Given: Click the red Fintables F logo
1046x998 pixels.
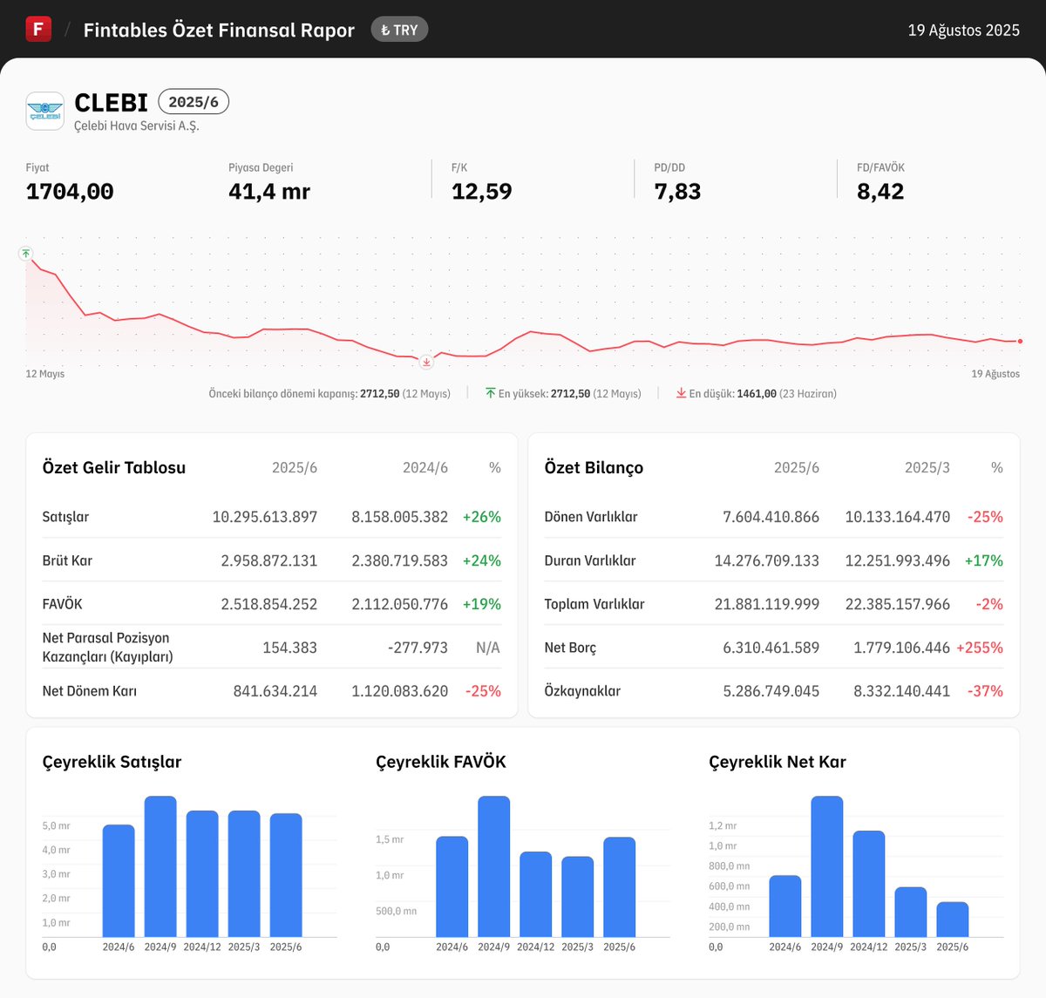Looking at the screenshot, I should pos(38,29).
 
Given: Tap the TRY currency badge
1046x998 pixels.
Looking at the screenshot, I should pos(399,30).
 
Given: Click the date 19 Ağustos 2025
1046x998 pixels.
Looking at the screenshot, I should pos(963,30).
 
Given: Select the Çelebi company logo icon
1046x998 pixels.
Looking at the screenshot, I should pos(44,112).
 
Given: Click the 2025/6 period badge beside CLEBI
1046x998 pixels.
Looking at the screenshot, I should pos(194,102).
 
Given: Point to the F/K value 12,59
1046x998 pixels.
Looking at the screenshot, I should pos(481,192).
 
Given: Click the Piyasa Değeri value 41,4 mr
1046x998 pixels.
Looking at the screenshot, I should pos(269,192).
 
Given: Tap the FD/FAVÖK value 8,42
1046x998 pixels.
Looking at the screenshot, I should pos(880,192).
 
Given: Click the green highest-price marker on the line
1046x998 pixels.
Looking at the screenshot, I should pos(26,253).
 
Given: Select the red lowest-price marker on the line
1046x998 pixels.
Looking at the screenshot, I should pos(426,361).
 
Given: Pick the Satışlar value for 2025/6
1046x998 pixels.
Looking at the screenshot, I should pos(265,517).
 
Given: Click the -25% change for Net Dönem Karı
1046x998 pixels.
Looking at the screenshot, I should pos(483,691).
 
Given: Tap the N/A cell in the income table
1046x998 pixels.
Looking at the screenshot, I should pos(487,648).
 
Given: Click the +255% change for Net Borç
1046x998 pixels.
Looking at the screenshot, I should pos(979,648).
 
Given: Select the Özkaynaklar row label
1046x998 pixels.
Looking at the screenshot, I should pos(582,691).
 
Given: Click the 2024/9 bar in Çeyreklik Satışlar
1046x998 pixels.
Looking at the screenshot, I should pos(160,866).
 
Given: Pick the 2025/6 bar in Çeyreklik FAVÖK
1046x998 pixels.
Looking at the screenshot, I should pos(619,886).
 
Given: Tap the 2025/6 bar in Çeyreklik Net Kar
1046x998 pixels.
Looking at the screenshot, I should pos(952,920).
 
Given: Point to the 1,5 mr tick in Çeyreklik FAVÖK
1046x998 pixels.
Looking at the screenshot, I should pos(390,839).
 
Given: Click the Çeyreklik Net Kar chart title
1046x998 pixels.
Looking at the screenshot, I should pos(777,762).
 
